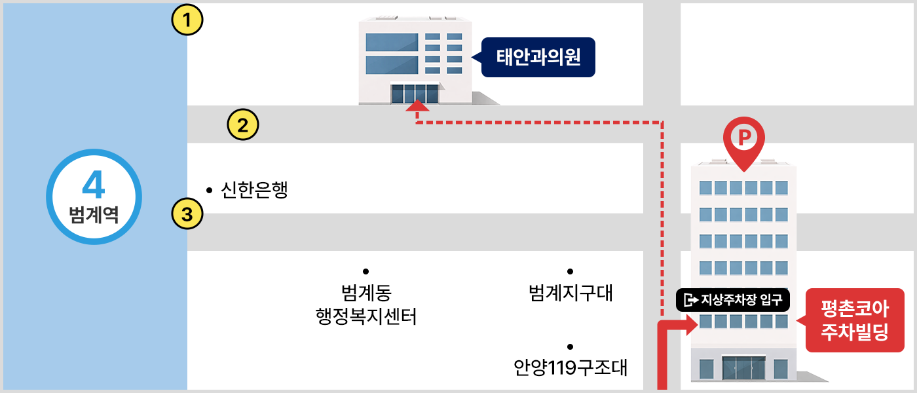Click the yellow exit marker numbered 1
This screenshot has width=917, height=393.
pyautogui.click(x=187, y=20)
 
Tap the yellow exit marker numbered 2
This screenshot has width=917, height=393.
pyautogui.click(x=243, y=124)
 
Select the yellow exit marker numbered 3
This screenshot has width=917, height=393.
pyautogui.click(x=187, y=214)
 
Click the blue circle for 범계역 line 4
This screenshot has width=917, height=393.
pyautogui.click(x=94, y=196)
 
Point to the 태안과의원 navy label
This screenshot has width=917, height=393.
pyautogui.click(x=538, y=57)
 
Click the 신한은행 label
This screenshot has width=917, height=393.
pyautogui.click(x=255, y=191)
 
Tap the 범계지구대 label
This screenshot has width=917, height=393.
pyautogui.click(x=571, y=293)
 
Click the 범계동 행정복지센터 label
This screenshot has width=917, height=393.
pyautogui.click(x=366, y=305)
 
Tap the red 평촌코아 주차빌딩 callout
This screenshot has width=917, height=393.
pyautogui.click(x=854, y=320)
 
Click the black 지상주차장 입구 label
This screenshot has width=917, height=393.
pyautogui.click(x=734, y=301)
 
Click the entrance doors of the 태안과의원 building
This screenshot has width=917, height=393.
pyautogui.click(x=415, y=94)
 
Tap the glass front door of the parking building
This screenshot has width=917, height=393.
pyautogui.click(x=743, y=369)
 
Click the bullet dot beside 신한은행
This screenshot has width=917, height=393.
pyautogui.click(x=209, y=191)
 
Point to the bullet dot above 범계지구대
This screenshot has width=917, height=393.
pyautogui.click(x=571, y=271)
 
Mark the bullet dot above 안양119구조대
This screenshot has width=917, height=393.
pyautogui.click(x=571, y=346)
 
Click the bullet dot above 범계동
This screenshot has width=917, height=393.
pyautogui.click(x=366, y=271)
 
